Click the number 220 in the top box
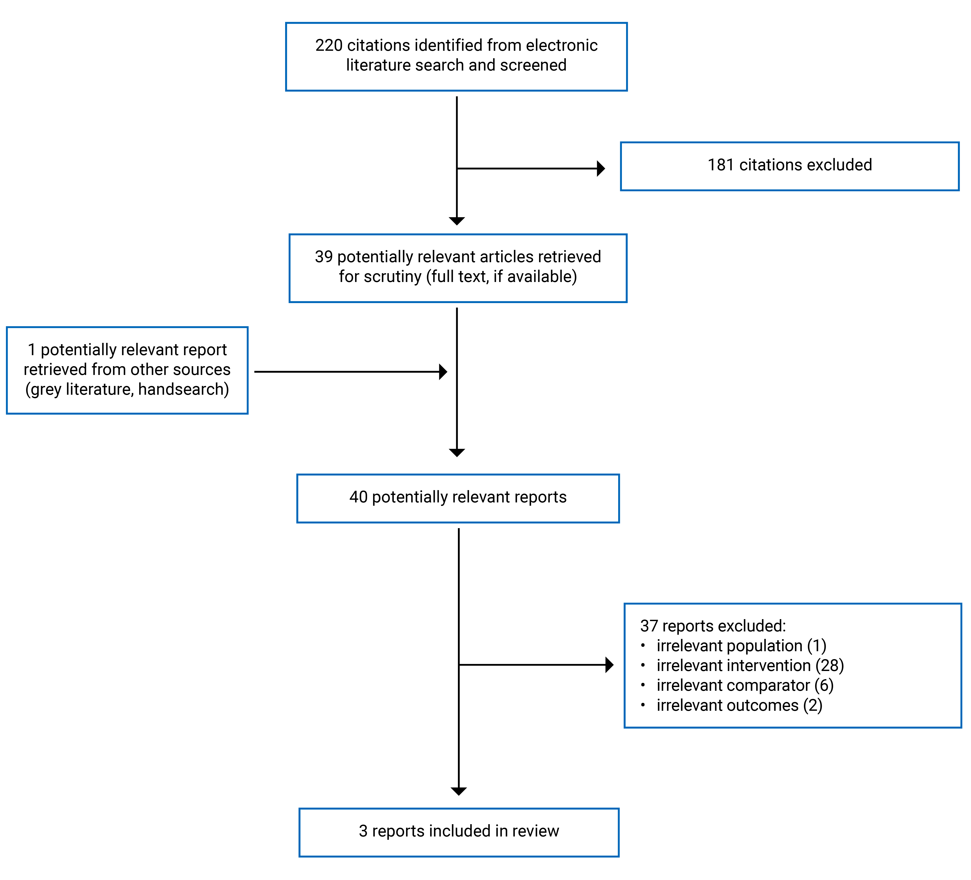tap(329, 45)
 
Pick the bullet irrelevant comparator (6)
tap(745, 685)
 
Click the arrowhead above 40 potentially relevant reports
tap(457, 452)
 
